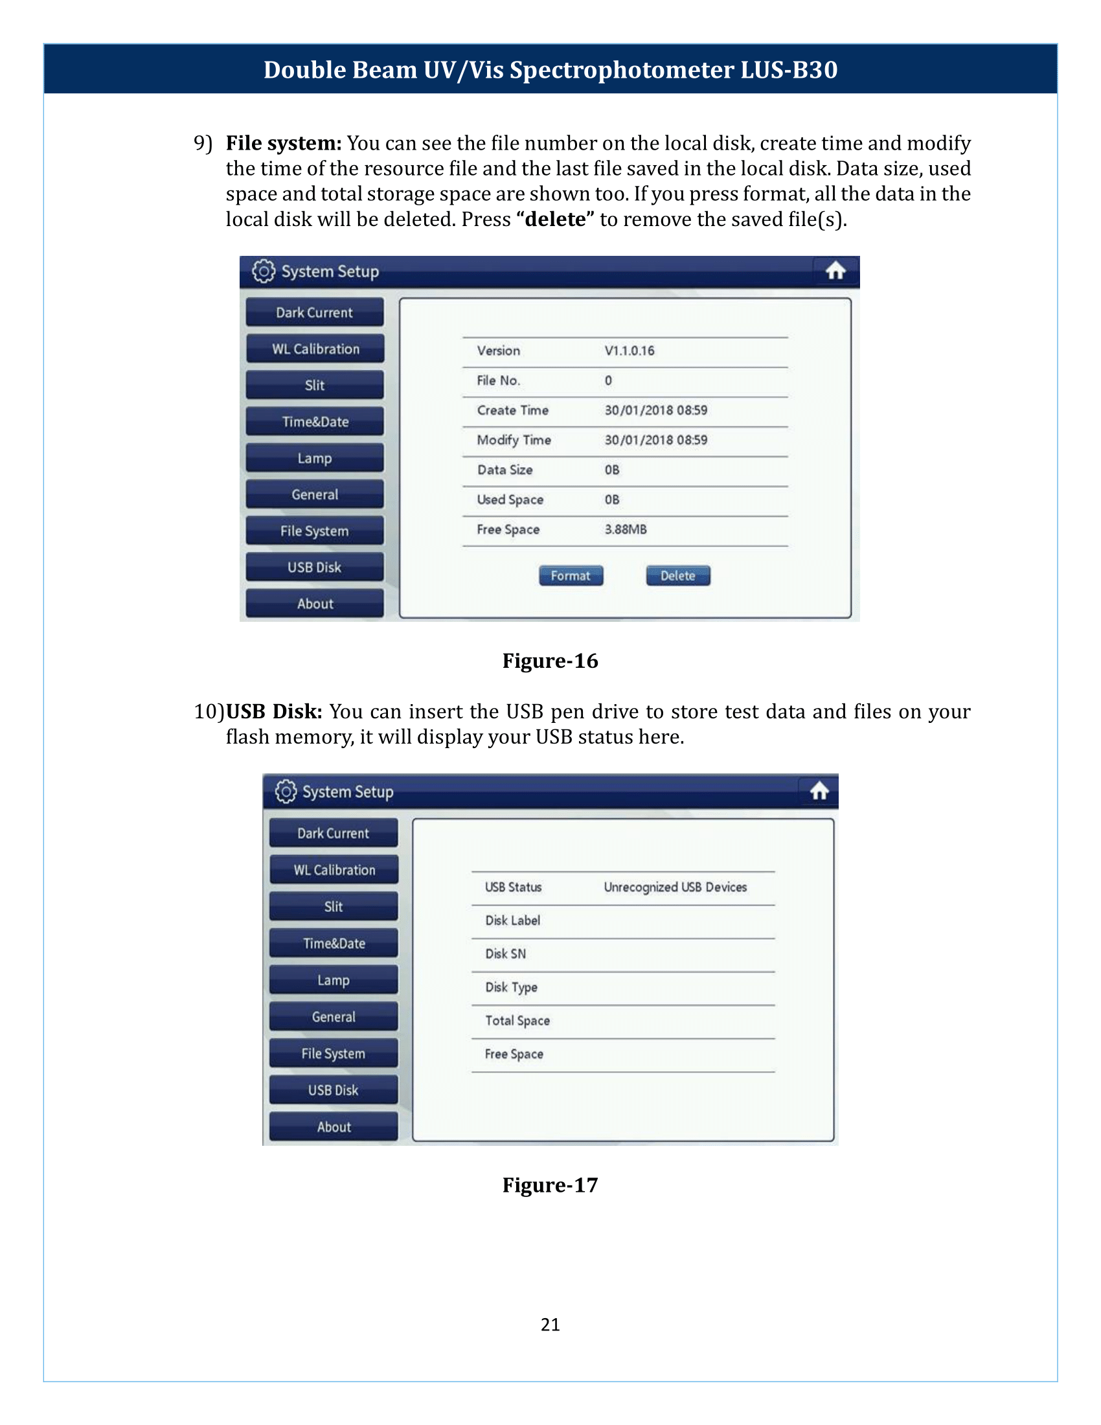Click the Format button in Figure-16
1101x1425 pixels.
click(x=571, y=575)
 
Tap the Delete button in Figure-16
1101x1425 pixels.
click(x=677, y=575)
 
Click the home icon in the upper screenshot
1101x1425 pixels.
click(x=835, y=271)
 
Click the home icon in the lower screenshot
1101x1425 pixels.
click(x=819, y=791)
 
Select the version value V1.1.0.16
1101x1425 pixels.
click(x=629, y=350)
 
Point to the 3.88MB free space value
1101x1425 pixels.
click(x=626, y=529)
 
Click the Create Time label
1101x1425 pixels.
click(x=513, y=411)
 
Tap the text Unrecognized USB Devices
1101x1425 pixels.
click(x=675, y=887)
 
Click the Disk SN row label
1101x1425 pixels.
click(x=506, y=954)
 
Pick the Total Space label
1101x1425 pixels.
click(x=517, y=1020)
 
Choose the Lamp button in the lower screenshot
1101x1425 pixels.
click(x=334, y=980)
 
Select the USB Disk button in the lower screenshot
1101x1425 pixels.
click(x=334, y=1090)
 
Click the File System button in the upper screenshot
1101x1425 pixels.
click(x=314, y=531)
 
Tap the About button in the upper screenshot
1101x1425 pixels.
click(x=314, y=604)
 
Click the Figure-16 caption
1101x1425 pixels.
click(x=550, y=661)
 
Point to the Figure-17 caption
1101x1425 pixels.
click(x=550, y=1185)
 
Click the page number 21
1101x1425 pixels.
click(x=550, y=1325)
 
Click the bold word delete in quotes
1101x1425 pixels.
click(x=555, y=219)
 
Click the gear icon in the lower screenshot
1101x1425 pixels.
click(x=286, y=791)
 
